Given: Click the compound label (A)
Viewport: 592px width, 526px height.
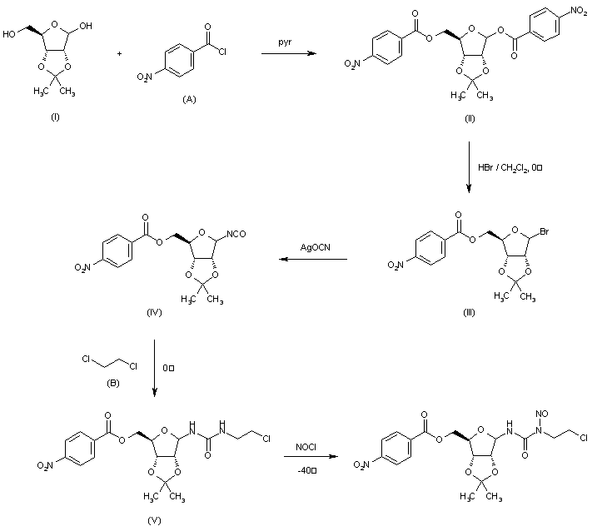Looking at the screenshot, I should [x=189, y=98].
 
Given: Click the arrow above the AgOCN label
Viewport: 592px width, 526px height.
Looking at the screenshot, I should [x=312, y=259].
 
